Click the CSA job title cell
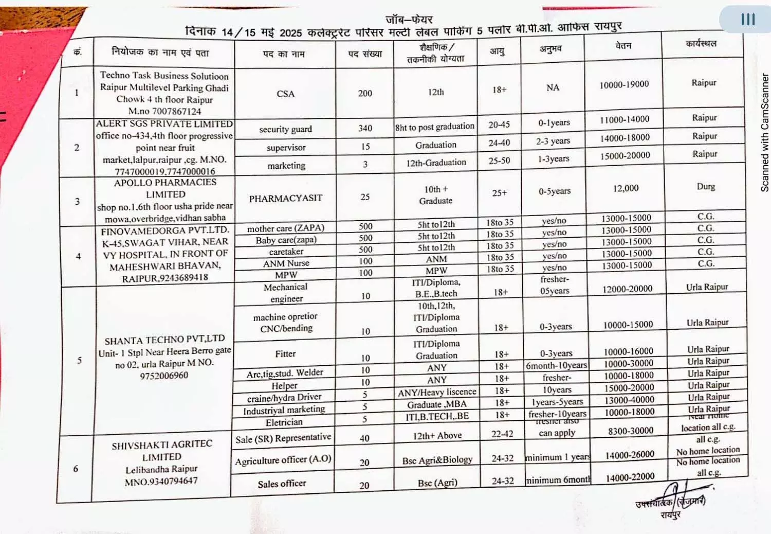click(285, 94)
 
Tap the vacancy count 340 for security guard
click(365, 128)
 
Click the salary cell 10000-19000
click(624, 84)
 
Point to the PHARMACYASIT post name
click(285, 198)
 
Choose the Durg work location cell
click(706, 186)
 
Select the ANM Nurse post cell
click(286, 263)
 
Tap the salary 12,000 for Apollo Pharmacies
click(626, 188)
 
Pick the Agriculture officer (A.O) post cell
click(283, 460)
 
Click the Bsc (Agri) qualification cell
click(437, 483)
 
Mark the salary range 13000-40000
click(629, 400)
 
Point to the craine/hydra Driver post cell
click(284, 398)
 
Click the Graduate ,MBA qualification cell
click(437, 404)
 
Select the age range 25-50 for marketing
click(499, 161)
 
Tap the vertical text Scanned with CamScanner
click(764, 133)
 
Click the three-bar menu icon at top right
click(748, 19)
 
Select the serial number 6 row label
click(76, 469)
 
